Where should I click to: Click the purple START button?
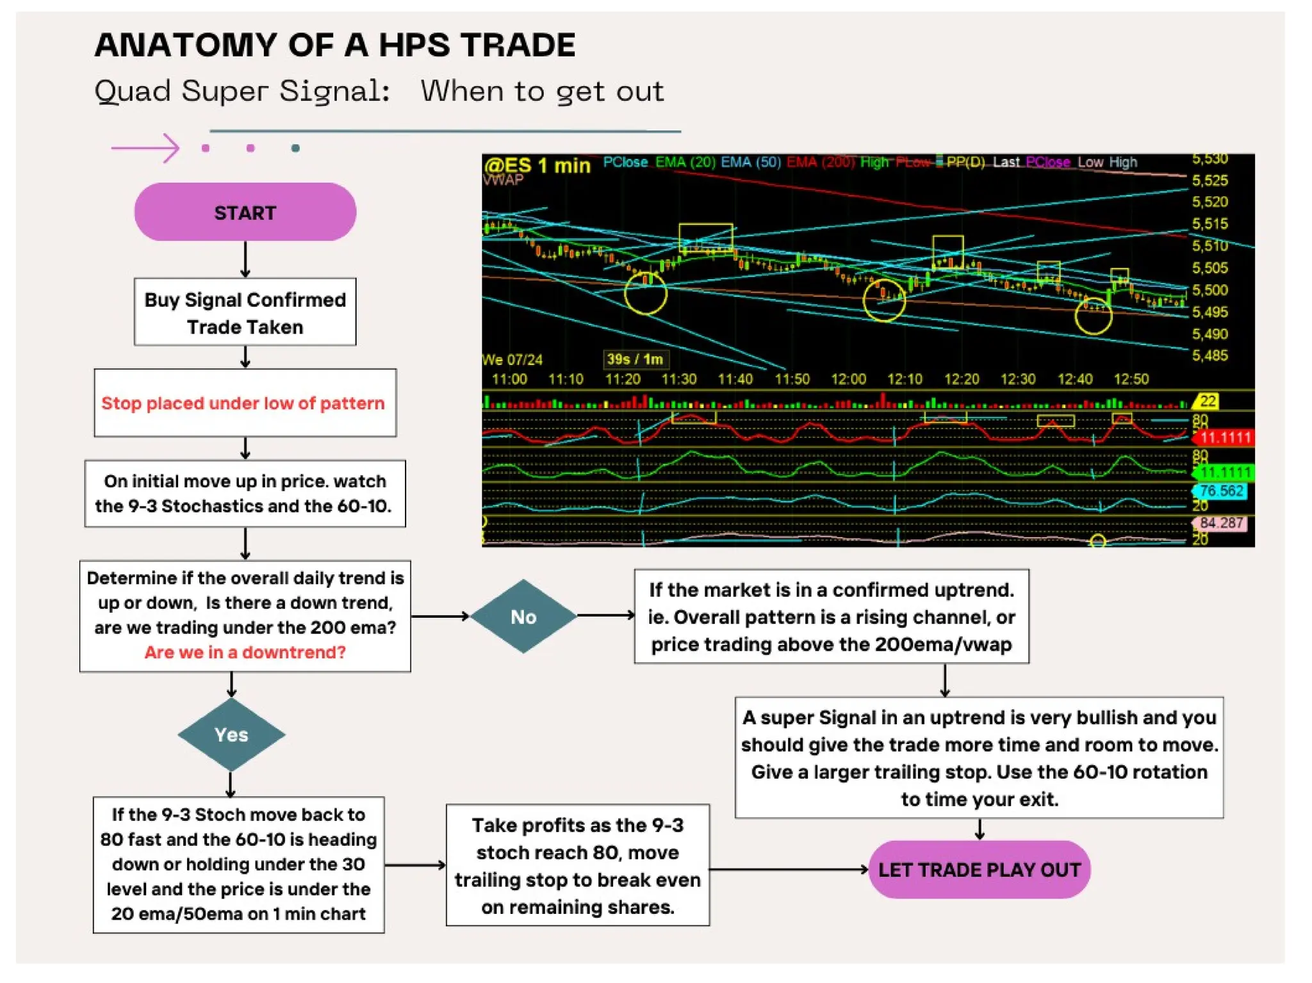coord(245,212)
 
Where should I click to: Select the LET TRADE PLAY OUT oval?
coord(979,869)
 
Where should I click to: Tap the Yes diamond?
coord(231,735)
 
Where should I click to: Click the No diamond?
coord(523,616)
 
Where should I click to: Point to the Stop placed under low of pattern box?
coord(245,403)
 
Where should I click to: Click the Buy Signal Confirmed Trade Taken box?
coord(245,313)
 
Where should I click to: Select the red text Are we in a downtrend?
coord(245,652)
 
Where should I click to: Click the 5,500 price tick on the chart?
coord(1209,290)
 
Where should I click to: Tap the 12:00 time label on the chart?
coord(848,379)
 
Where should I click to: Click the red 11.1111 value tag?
coord(1224,437)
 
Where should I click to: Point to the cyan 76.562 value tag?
coord(1221,491)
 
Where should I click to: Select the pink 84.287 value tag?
coord(1221,523)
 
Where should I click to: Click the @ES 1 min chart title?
coord(537,165)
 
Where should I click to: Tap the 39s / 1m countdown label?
coord(635,359)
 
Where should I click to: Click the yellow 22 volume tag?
coord(1207,402)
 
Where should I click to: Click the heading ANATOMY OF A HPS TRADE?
coord(335,45)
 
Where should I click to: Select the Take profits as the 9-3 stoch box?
coord(577,865)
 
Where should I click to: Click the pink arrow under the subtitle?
coord(145,148)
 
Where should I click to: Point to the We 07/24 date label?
coord(512,360)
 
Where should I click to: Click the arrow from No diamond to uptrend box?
coord(605,615)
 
